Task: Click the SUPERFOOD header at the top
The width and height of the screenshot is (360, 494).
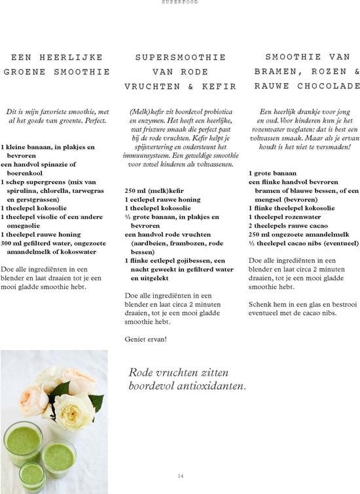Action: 179,3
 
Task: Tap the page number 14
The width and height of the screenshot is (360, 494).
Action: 180,476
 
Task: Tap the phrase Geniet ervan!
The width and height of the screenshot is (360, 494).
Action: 145,339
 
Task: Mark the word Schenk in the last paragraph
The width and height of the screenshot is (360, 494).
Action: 262,304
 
